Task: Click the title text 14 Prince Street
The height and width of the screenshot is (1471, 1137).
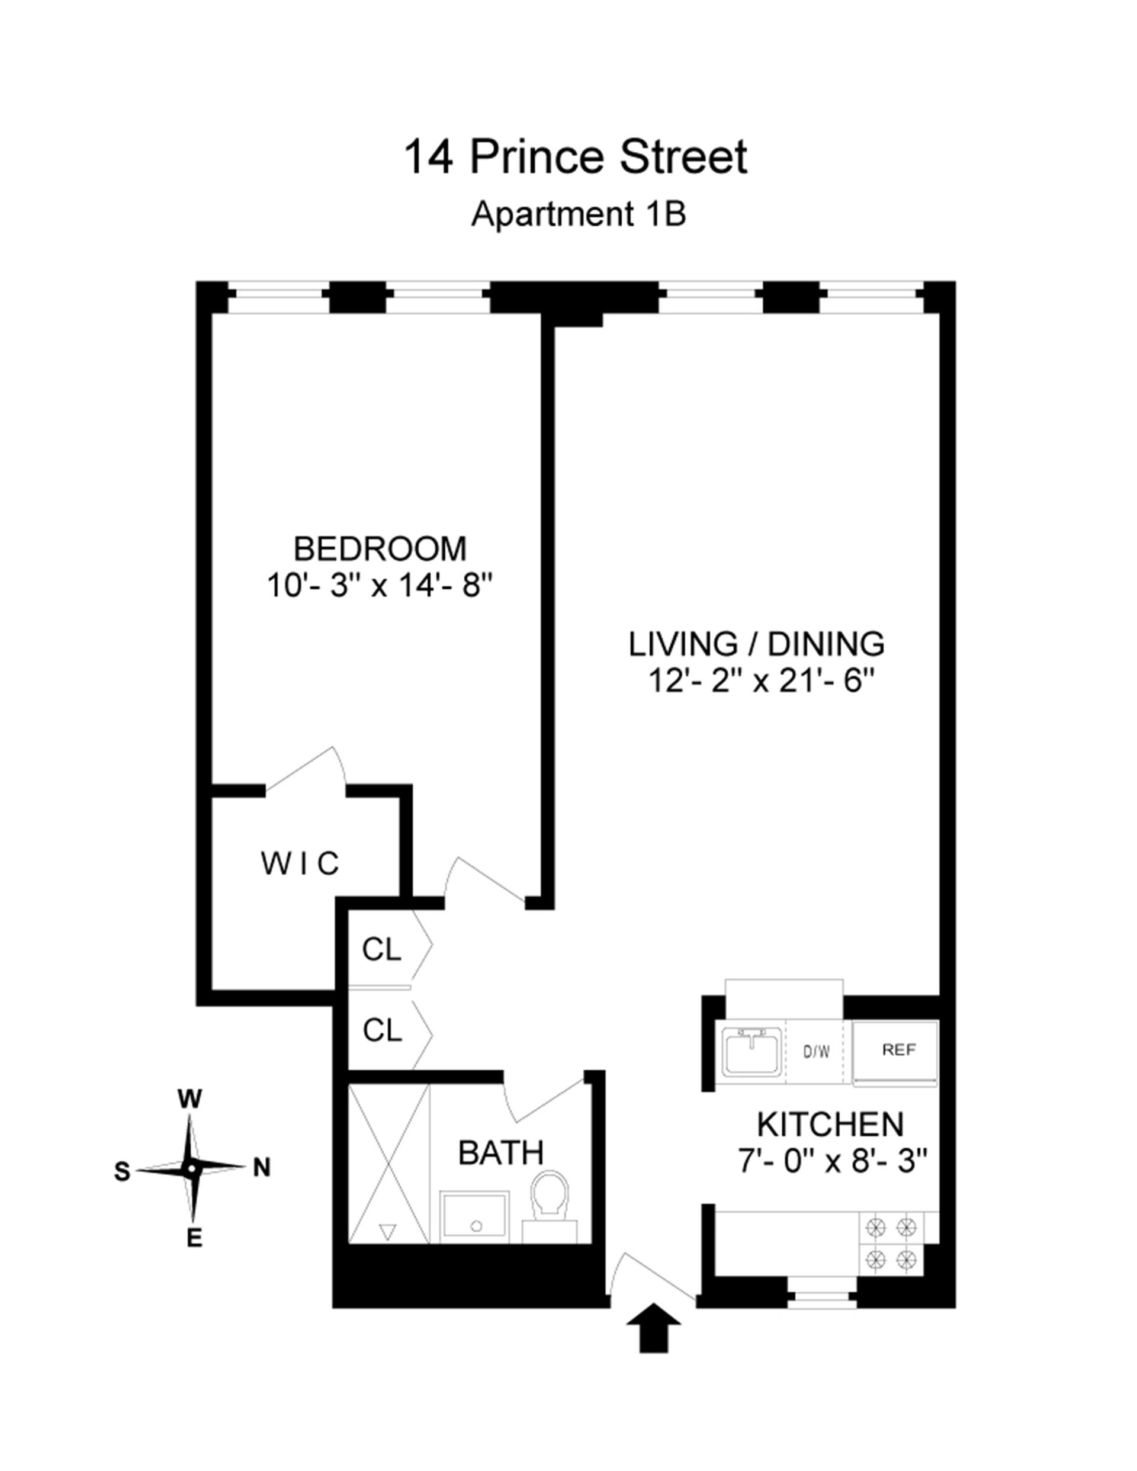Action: [574, 157]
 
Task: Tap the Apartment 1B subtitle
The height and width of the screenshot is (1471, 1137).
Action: [578, 215]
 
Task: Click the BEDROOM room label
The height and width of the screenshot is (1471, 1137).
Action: [380, 549]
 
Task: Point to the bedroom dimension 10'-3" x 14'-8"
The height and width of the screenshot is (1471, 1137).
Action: [381, 584]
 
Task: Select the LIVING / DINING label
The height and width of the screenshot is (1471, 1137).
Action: [756, 644]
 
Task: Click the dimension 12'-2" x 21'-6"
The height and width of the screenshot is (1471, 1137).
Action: [760, 681]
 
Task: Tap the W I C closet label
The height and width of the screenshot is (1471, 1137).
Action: [300, 863]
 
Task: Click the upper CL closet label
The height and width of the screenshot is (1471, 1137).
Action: [381, 950]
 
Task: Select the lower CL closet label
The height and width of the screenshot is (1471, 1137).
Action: [382, 1030]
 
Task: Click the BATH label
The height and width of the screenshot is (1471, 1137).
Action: [500, 1152]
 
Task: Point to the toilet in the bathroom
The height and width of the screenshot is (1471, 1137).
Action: [550, 1206]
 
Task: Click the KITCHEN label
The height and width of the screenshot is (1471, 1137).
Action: [830, 1124]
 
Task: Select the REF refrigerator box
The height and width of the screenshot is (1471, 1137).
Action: [898, 1050]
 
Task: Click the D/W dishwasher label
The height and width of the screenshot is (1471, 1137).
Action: [817, 1051]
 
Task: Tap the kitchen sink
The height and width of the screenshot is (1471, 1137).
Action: [751, 1051]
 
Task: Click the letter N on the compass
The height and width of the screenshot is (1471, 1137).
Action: [261, 1168]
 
